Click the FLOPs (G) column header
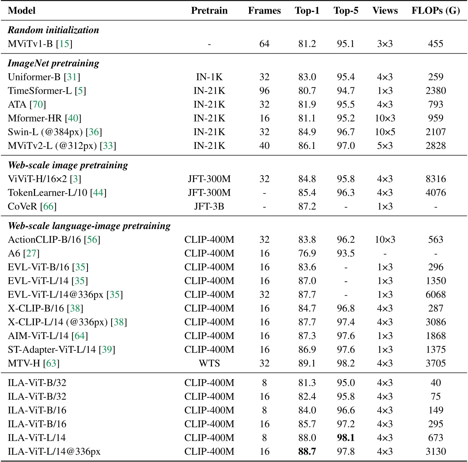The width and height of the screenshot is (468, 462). pos(436,11)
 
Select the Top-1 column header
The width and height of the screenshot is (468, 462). pos(307,11)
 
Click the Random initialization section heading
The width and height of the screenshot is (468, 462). pos(53,30)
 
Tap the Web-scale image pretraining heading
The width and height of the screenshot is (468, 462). pos(68,165)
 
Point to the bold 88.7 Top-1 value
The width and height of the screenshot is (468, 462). pos(307,452)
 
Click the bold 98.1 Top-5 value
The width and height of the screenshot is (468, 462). pos(346,438)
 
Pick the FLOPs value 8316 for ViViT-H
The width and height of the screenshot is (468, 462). pos(436,179)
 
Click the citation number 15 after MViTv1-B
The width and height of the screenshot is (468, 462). pos(64,44)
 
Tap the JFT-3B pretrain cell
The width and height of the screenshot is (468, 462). pos(209,207)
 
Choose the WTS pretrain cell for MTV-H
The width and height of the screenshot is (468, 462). pos(209,363)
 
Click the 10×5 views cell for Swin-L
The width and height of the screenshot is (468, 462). pos(385,132)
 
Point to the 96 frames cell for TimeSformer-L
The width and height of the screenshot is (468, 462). pos(264,91)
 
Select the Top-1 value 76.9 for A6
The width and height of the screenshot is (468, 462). pos(307,254)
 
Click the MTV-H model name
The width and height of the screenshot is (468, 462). pos(24,363)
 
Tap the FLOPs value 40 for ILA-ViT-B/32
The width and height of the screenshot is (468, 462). pos(436,383)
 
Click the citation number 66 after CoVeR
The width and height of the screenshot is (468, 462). pos(49,207)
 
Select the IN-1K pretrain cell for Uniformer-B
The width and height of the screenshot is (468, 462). pos(209,77)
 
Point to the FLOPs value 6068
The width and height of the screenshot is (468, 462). pos(436,295)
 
